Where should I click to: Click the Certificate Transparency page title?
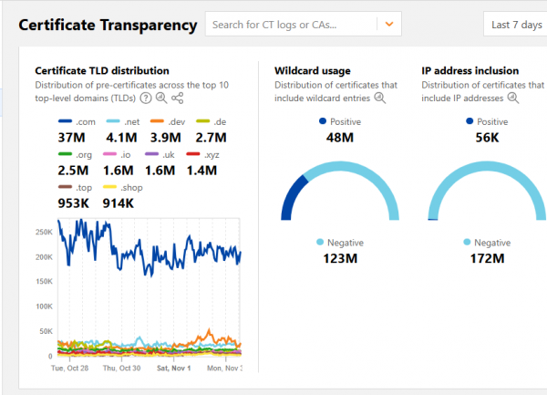point(108,26)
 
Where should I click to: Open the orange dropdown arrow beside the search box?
point(389,25)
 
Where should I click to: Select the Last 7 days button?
point(517,25)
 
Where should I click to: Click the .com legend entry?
point(77,121)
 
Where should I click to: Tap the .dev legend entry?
point(168,121)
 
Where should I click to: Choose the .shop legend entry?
point(120,187)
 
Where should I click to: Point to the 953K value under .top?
point(73,203)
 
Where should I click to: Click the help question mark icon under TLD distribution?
point(145,98)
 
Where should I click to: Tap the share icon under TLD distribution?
point(177,98)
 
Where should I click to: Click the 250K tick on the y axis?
point(43,232)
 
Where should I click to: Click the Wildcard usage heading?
point(312,70)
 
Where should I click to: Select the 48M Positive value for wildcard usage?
point(339,138)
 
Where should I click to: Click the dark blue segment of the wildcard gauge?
point(292,197)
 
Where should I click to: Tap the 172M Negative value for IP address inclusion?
point(486,259)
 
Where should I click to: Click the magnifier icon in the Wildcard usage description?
point(379,98)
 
